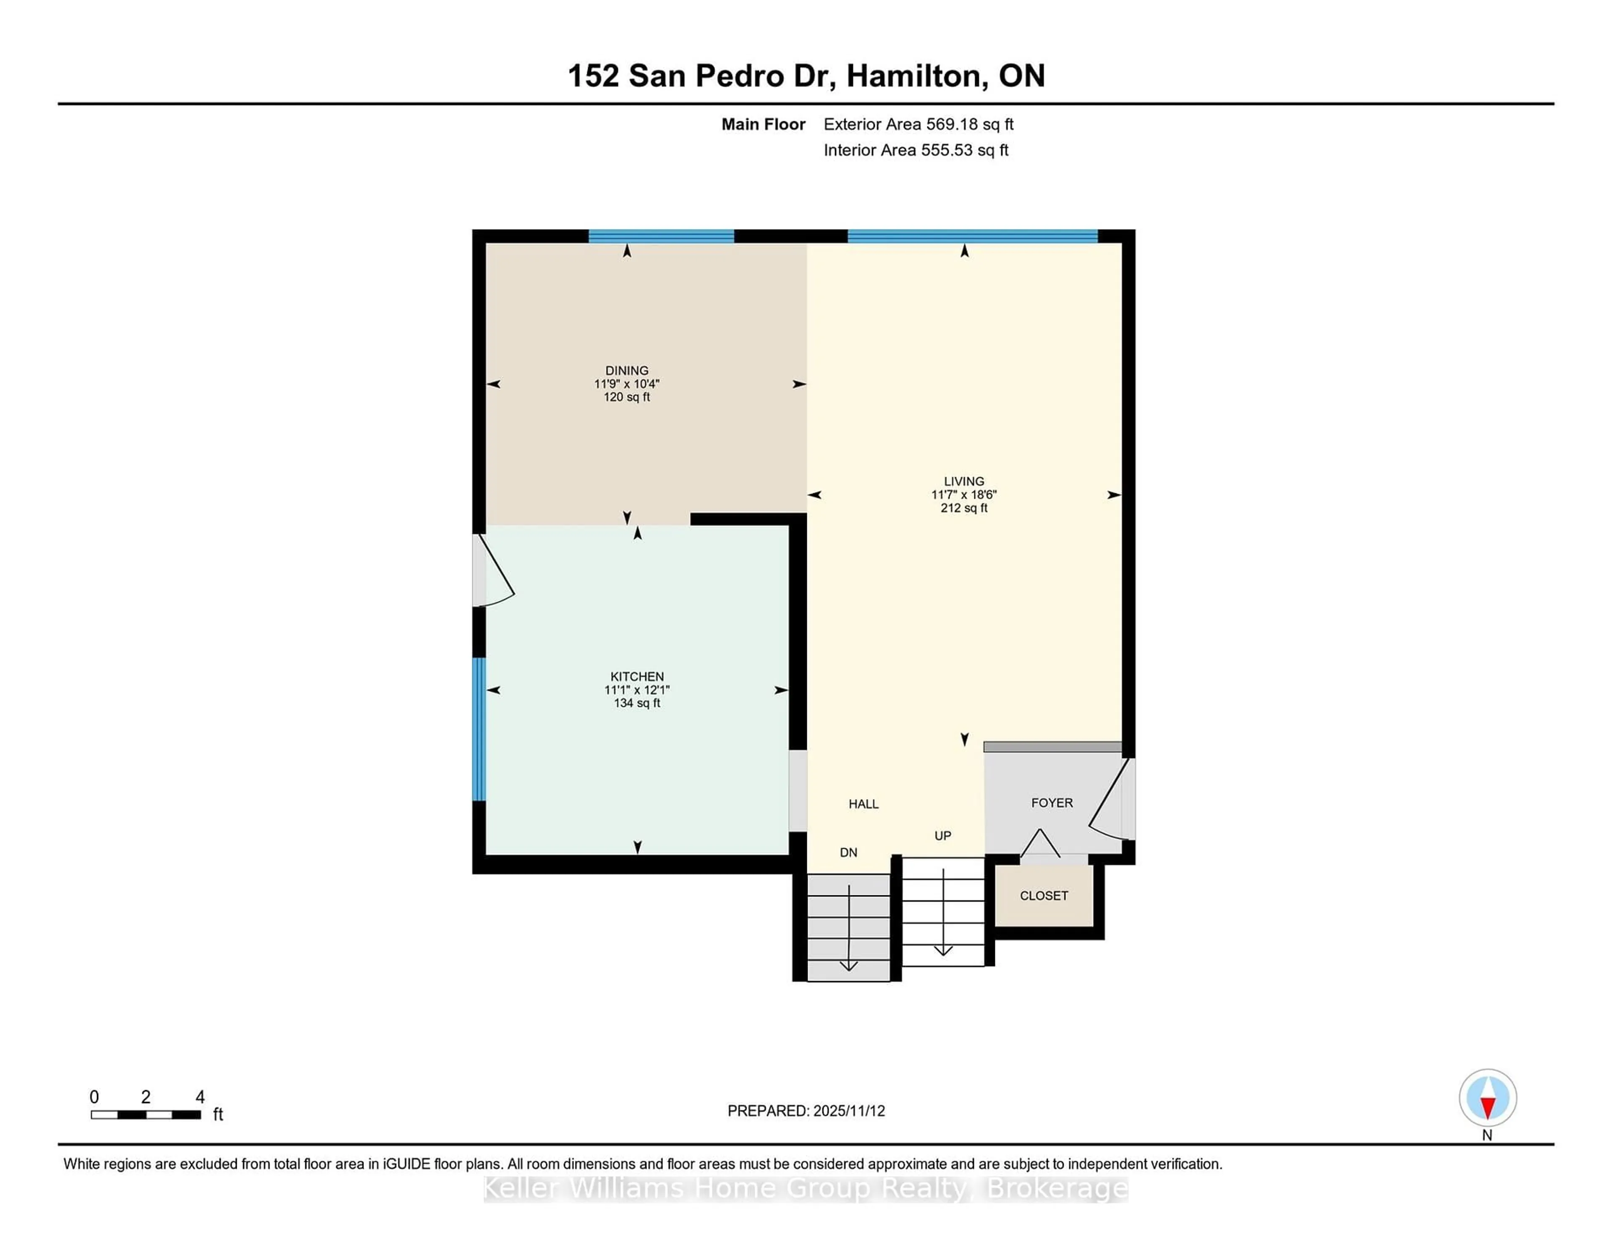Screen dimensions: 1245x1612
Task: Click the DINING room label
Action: tap(627, 371)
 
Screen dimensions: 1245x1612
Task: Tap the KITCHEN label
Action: tap(636, 676)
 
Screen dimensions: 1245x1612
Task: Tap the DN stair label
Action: tap(848, 853)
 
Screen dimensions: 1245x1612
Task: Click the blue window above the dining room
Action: tap(661, 237)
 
